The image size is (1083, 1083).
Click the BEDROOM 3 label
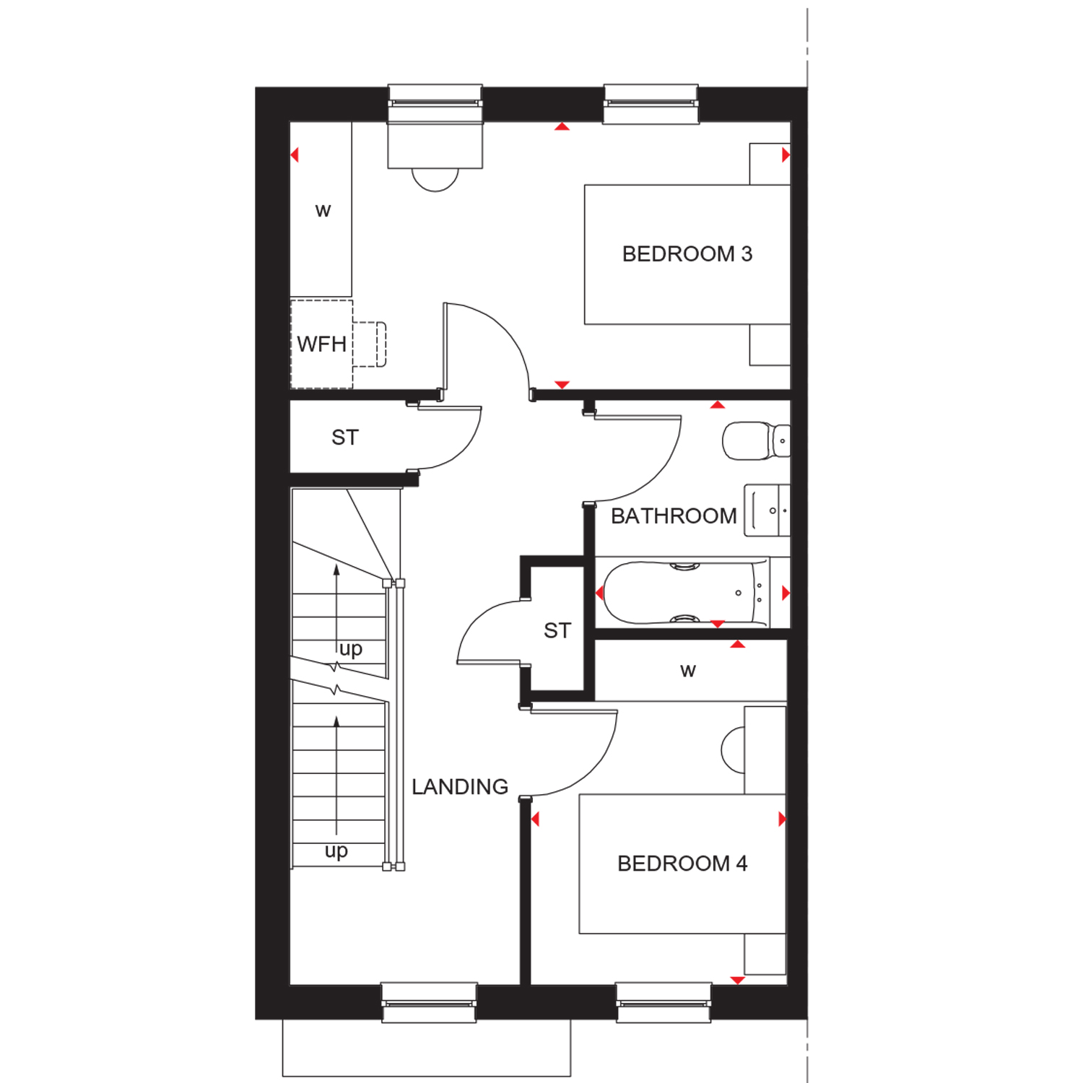(x=687, y=254)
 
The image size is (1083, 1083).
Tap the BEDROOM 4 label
(x=682, y=864)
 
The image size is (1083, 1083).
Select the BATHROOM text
(x=674, y=516)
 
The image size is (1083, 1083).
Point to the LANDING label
(x=460, y=787)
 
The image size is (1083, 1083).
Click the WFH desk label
(x=321, y=344)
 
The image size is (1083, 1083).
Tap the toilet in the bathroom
(x=756, y=441)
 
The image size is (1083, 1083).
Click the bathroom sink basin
(x=767, y=510)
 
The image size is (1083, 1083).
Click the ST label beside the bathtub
(x=557, y=631)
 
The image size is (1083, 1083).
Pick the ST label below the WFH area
(x=345, y=438)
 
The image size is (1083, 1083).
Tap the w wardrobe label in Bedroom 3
(x=323, y=211)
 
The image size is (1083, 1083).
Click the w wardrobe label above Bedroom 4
(x=688, y=671)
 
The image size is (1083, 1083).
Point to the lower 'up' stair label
(x=336, y=852)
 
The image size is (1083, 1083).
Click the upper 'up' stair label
(x=351, y=650)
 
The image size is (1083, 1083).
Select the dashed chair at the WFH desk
(x=370, y=344)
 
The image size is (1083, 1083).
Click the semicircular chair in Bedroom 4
(x=732, y=750)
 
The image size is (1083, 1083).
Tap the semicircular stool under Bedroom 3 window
(x=435, y=180)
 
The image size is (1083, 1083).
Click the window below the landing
(x=429, y=1002)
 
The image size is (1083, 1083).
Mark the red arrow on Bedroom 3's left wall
(x=295, y=155)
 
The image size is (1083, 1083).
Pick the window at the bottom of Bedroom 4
(x=664, y=1002)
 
